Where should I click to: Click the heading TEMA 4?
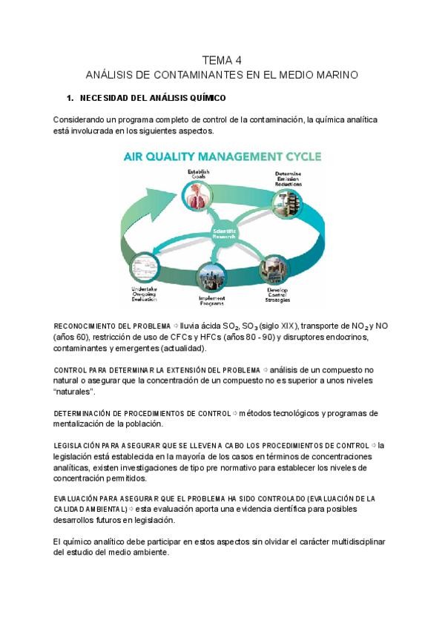tap(222, 60)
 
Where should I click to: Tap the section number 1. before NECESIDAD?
tap(70, 98)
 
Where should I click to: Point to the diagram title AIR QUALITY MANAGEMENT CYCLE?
tap(222, 157)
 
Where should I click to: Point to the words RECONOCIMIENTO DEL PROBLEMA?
tap(112, 326)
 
